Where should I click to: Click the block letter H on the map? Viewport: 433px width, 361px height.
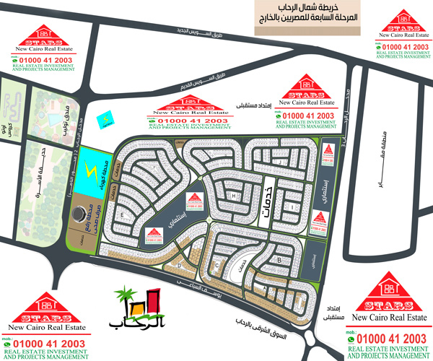click(235, 196)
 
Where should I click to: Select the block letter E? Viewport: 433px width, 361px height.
click(123, 216)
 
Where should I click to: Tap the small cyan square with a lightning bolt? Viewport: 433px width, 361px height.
click(107, 117)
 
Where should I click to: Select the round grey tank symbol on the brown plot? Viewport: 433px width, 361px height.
click(77, 214)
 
